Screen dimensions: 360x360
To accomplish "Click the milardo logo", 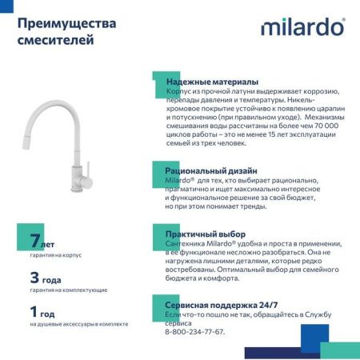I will click(x=302, y=27).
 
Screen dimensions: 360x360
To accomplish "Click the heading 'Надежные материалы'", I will click(x=212, y=82).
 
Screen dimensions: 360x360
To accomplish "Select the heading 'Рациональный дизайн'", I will click(x=211, y=171).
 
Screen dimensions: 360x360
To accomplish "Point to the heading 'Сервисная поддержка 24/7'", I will click(x=222, y=306).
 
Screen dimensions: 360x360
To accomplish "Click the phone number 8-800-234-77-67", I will click(x=195, y=331).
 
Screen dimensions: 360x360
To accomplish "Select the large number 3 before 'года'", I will click(x=34, y=278).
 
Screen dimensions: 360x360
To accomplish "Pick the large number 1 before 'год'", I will click(x=34, y=312).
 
